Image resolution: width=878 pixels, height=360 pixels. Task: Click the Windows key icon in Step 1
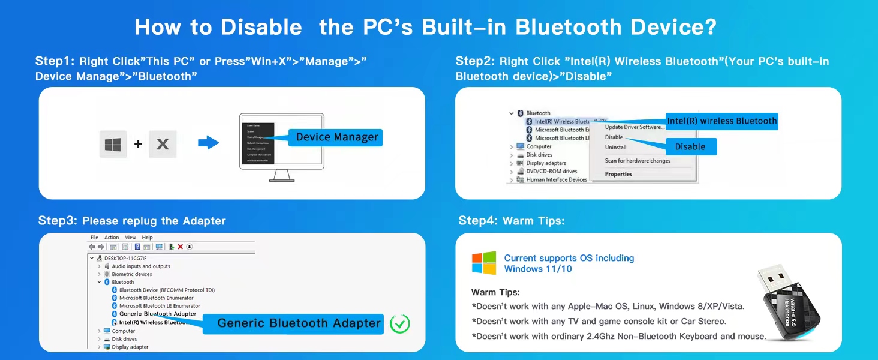coord(113,144)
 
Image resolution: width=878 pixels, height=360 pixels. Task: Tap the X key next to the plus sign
coord(163,144)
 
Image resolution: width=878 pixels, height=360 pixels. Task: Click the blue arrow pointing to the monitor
coord(208,143)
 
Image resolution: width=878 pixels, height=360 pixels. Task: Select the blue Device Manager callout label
coord(336,137)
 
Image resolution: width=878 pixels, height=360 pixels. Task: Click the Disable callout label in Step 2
coord(690,147)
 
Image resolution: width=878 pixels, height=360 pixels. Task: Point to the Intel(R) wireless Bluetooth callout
coord(721,121)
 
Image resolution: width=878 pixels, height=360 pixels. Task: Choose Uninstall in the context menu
coord(615,147)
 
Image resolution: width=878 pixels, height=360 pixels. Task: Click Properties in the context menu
coord(618,174)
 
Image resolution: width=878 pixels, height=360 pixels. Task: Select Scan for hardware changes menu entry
coord(638,161)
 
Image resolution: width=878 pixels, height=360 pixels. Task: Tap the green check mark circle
coord(399,324)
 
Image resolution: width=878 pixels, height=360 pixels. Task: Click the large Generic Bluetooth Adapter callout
coord(299,323)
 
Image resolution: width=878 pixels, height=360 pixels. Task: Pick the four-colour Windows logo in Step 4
coord(484,263)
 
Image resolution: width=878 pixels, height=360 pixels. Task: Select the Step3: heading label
coord(58,220)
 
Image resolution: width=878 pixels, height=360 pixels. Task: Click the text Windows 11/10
coord(538,269)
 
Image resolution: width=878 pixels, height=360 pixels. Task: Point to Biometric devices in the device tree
coord(131,274)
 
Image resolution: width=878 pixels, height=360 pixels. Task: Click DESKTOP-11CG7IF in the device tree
coord(125,258)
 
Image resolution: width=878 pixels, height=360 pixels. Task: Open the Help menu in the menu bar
coord(148,238)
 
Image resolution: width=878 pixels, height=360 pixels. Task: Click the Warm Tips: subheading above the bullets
coord(495,292)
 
